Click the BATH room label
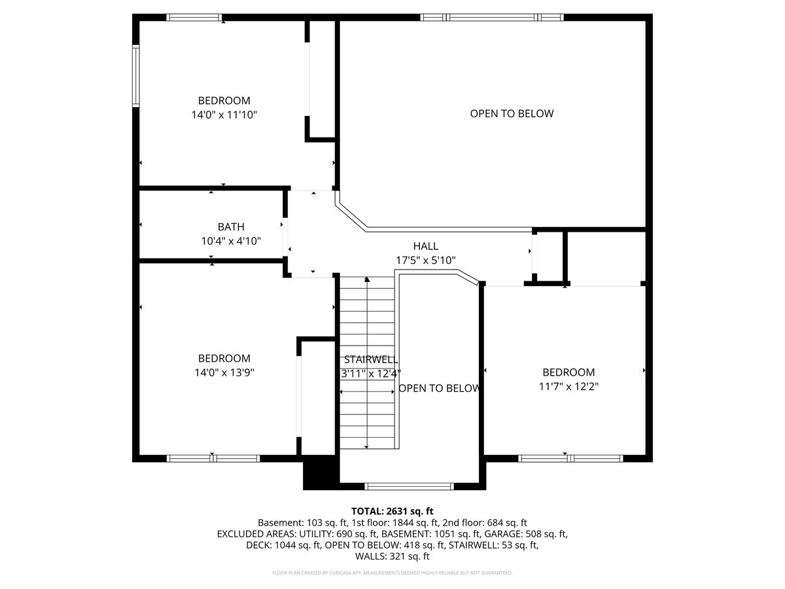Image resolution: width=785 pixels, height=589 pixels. pyautogui.click(x=231, y=227)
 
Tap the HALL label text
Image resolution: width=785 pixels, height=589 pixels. pyautogui.click(x=426, y=246)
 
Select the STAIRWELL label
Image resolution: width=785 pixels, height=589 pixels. pyautogui.click(x=370, y=360)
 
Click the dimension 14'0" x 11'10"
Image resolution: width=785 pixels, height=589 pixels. pyautogui.click(x=224, y=115)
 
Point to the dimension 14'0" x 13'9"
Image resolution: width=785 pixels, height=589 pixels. pyautogui.click(x=224, y=372)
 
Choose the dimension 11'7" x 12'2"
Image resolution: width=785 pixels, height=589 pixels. pyautogui.click(x=568, y=386)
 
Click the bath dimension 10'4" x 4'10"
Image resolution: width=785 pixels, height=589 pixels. pyautogui.click(x=231, y=241)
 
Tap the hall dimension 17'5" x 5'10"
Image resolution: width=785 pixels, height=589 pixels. pyautogui.click(x=426, y=260)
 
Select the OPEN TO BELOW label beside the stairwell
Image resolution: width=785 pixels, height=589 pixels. pyautogui.click(x=439, y=388)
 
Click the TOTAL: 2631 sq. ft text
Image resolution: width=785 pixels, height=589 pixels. pyautogui.click(x=392, y=511)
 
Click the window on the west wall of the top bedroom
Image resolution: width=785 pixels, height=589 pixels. pyautogui.click(x=136, y=75)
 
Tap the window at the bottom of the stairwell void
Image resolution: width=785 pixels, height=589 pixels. pyautogui.click(x=409, y=486)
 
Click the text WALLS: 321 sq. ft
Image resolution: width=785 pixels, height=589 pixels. pyautogui.click(x=392, y=556)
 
